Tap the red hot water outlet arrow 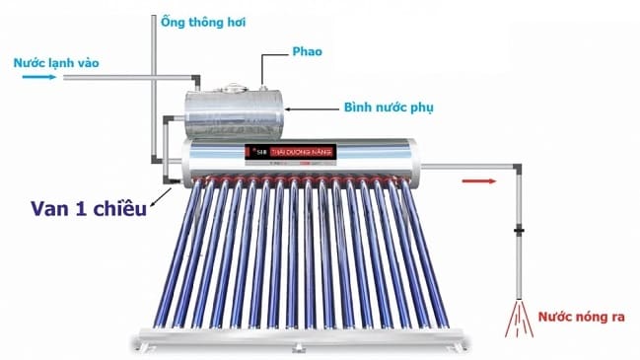point(478,180)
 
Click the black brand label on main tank point(291,152)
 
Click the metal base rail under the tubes point(296,340)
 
